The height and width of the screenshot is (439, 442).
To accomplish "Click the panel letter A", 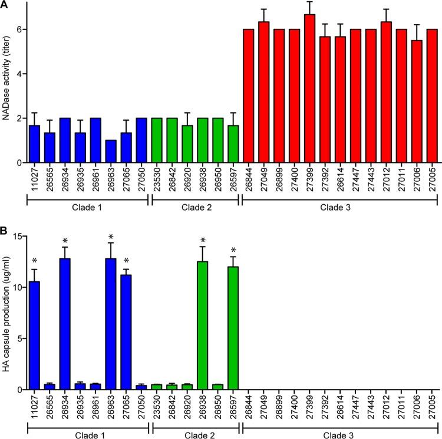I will tap(5, 5).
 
